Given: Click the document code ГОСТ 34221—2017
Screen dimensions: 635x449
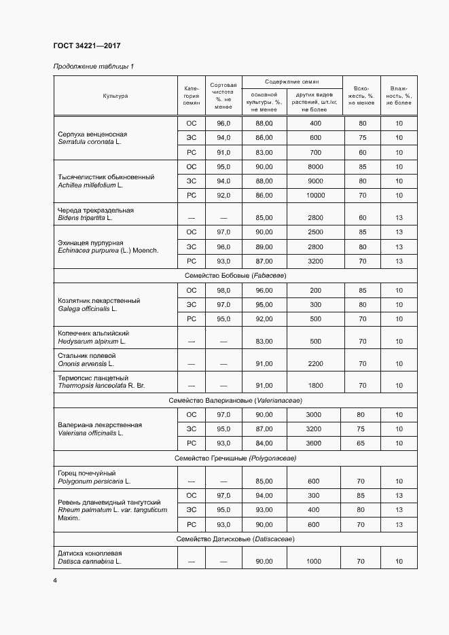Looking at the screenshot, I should click(x=87, y=46).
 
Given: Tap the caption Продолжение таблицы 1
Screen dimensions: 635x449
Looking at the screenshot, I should click(x=94, y=67).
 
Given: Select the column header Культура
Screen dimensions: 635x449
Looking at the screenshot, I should click(x=115, y=96).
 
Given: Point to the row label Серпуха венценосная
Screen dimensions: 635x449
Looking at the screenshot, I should click(x=92, y=134).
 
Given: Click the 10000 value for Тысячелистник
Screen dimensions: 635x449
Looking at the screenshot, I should click(x=315, y=196).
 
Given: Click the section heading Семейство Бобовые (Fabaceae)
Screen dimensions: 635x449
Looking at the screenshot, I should click(x=235, y=276).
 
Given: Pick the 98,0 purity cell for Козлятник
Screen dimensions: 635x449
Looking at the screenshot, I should click(x=223, y=291).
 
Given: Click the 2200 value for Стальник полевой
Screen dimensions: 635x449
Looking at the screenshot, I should click(x=315, y=363).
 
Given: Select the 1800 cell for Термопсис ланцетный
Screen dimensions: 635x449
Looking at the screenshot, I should click(x=315, y=385).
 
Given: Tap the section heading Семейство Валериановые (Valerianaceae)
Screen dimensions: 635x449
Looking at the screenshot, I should click(x=235, y=400).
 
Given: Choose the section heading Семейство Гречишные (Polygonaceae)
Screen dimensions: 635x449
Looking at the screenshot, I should click(x=235, y=458).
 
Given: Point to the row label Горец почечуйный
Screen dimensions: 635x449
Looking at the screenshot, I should click(x=87, y=473).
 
